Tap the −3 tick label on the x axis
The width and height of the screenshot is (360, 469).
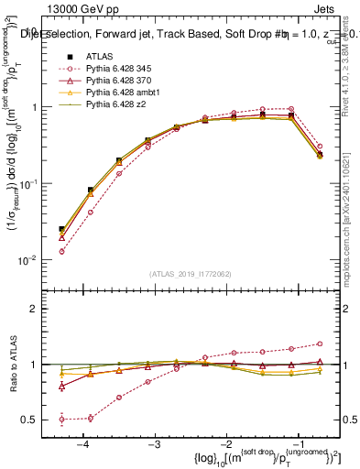point(154,443)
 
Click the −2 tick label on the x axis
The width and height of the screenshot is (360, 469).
point(225,443)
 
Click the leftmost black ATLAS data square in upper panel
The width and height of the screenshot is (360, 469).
point(61,230)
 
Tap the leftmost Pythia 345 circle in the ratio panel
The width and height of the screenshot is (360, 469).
point(61,420)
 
